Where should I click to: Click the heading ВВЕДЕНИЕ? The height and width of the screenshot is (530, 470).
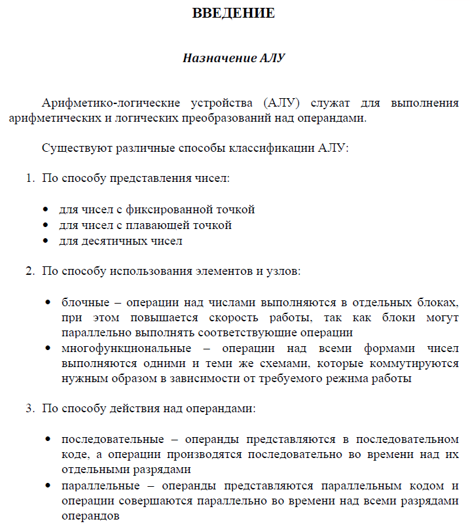pos(234,13)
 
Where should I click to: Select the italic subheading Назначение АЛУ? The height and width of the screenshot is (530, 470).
pos(234,58)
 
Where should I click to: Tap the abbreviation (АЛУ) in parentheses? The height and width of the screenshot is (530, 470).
pos(283,103)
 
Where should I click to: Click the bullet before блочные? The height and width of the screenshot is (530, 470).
pos(48,303)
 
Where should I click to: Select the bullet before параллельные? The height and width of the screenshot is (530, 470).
pos(48,487)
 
